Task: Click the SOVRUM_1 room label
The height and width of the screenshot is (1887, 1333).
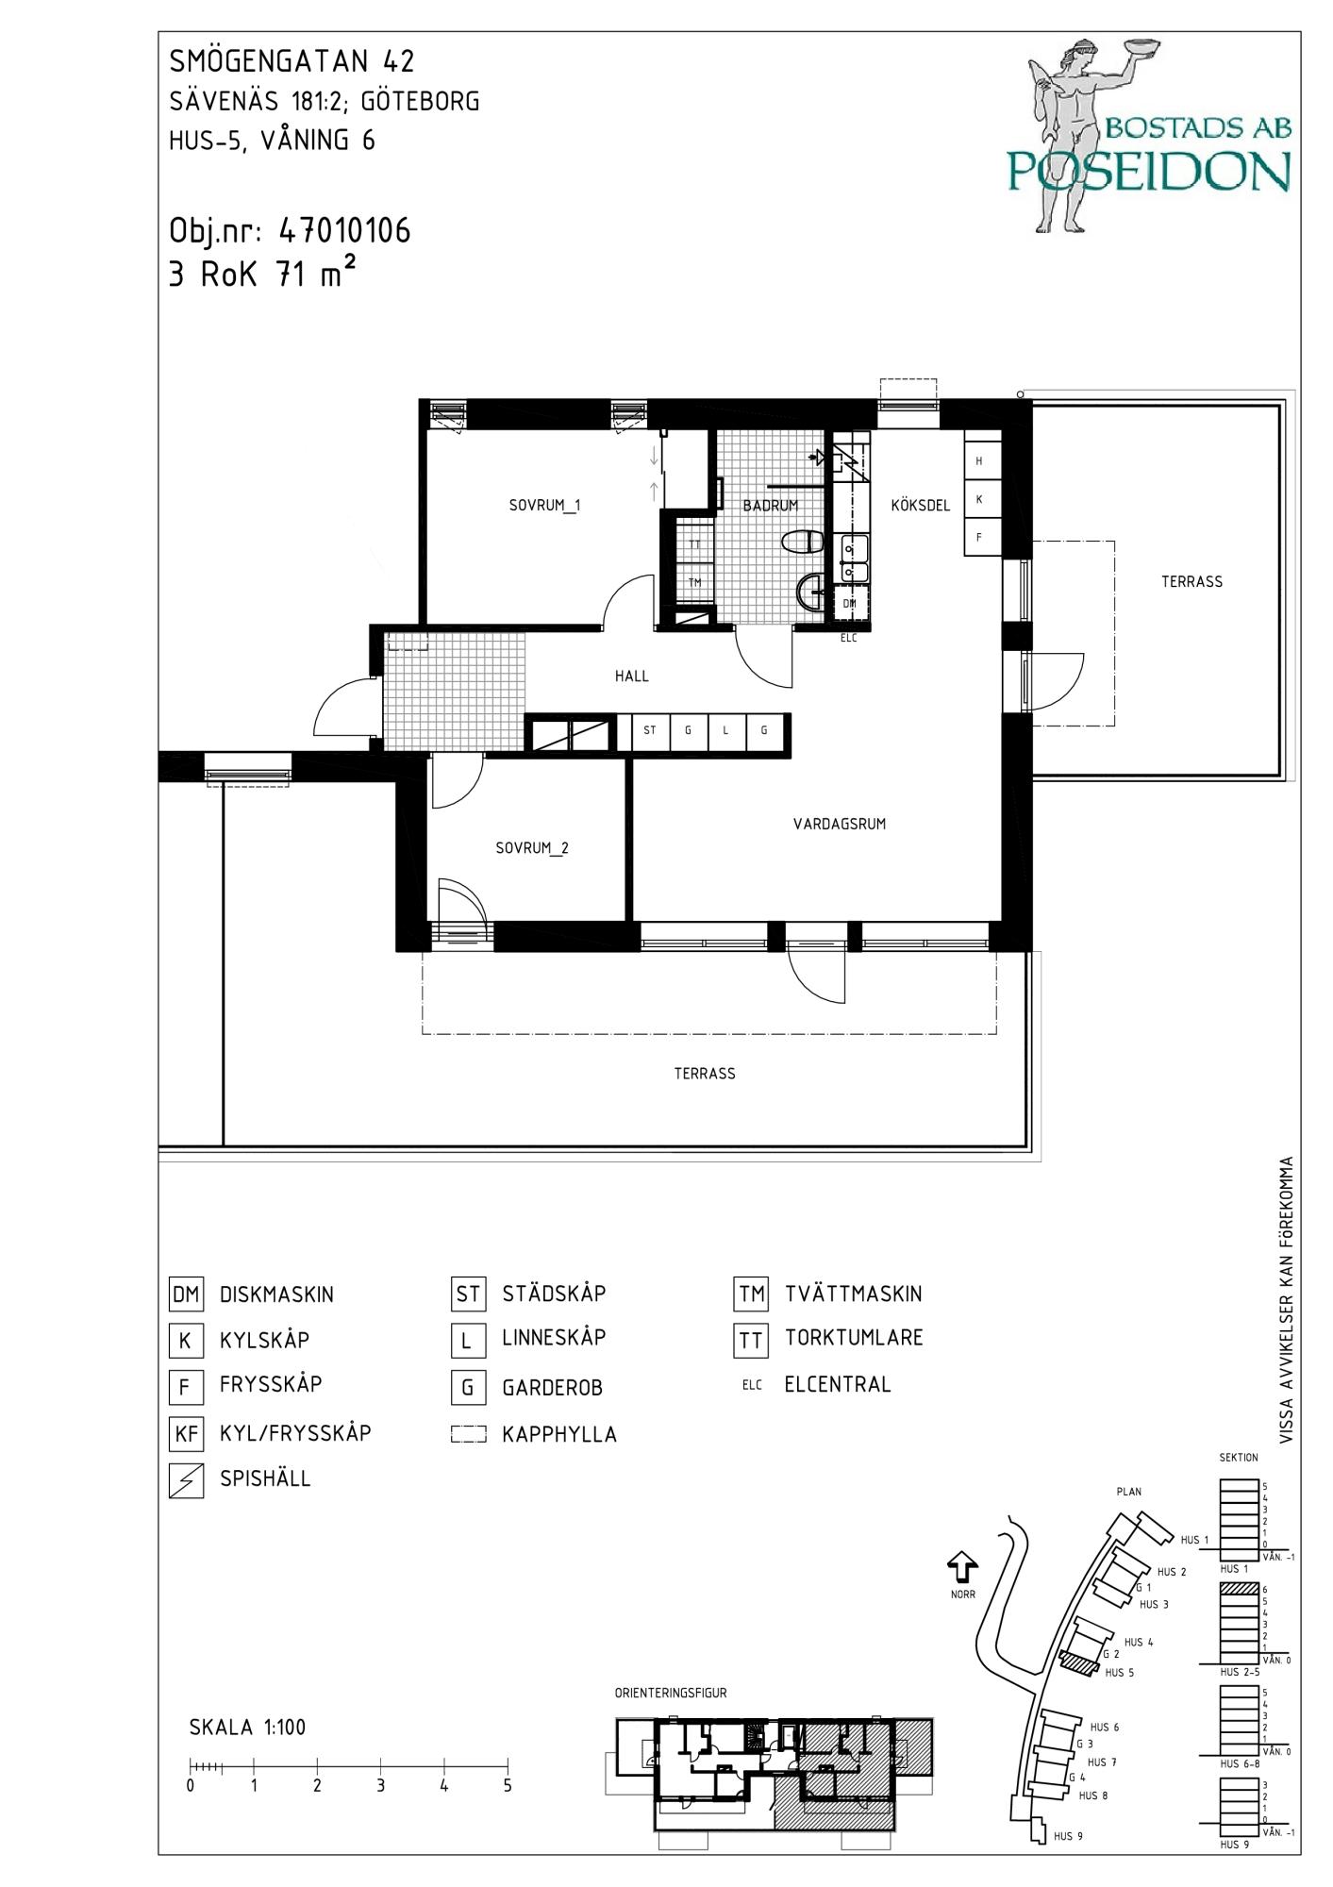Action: (x=544, y=506)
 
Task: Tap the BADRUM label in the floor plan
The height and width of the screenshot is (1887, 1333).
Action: (x=770, y=506)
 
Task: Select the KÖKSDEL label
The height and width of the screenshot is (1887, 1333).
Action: (x=920, y=506)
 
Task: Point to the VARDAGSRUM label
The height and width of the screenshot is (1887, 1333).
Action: (x=840, y=824)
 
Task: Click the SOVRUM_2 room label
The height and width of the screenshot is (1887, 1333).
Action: (x=532, y=848)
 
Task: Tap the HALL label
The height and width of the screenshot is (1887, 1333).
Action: (x=631, y=676)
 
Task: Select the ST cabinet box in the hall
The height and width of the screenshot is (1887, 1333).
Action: (x=650, y=731)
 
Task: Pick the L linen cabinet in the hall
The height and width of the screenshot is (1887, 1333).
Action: (x=725, y=731)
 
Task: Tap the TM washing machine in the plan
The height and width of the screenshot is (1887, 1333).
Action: (x=694, y=583)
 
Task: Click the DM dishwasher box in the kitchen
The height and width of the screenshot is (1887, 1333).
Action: (x=850, y=603)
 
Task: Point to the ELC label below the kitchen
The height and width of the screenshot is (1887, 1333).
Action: (x=849, y=639)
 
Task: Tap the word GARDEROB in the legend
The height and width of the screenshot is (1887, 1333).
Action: (x=552, y=1388)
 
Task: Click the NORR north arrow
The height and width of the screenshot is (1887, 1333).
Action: (x=961, y=1567)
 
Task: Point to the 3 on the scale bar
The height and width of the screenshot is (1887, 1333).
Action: (x=381, y=1786)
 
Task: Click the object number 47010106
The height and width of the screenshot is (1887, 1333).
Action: (x=345, y=231)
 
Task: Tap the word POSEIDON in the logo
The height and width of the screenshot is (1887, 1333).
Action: (x=1148, y=171)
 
